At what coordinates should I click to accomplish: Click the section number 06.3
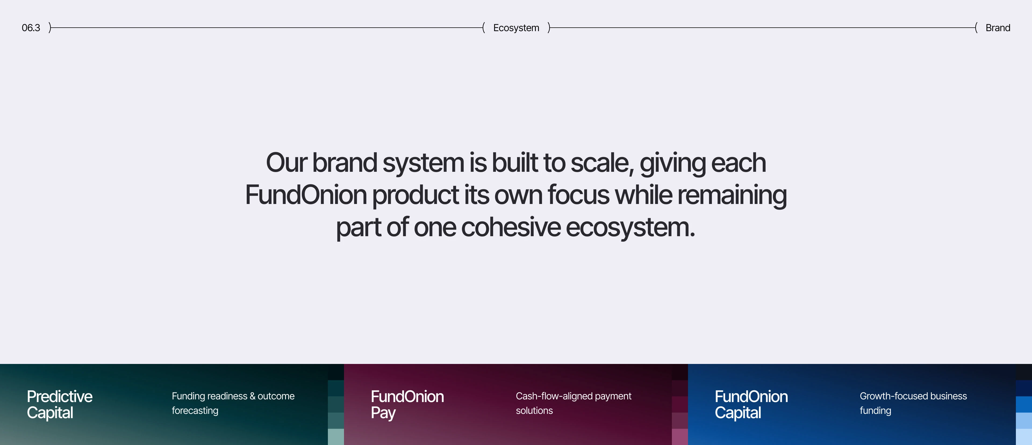tap(31, 28)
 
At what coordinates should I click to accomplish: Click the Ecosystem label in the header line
tap(516, 28)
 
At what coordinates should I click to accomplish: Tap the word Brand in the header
tap(998, 28)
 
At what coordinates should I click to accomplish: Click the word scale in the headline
tap(601, 163)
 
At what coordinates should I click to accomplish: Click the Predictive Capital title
tap(59, 404)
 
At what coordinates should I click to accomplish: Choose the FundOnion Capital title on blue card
tap(751, 404)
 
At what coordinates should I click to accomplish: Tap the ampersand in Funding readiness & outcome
tap(252, 396)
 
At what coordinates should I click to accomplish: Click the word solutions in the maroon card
tap(534, 411)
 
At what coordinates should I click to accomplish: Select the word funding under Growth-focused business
tap(875, 411)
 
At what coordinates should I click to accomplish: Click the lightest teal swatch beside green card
tap(336, 437)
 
